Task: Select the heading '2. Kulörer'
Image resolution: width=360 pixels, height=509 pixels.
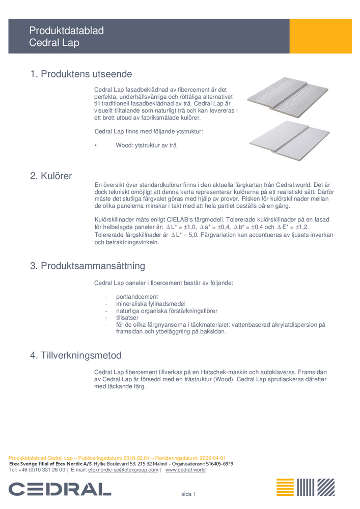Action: coord(51,176)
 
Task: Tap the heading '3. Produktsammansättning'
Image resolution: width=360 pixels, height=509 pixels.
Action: coord(88,266)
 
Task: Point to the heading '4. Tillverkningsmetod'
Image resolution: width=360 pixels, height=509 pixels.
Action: coord(76,355)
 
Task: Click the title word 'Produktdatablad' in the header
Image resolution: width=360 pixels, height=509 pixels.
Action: coord(66,31)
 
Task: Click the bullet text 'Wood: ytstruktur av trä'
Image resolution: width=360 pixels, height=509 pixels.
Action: coord(147,146)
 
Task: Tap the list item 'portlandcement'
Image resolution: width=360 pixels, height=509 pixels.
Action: coord(137,297)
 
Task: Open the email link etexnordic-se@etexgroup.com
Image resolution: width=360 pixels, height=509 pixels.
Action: coord(123,470)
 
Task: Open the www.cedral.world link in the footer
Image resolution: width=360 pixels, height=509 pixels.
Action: coord(185,470)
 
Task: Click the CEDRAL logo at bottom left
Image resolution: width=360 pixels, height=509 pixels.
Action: coord(60,489)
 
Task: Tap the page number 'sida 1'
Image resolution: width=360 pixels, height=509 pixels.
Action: coord(188,494)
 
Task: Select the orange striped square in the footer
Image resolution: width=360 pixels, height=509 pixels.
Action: coord(285,487)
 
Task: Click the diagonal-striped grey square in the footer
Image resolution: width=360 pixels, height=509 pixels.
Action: coord(326,487)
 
